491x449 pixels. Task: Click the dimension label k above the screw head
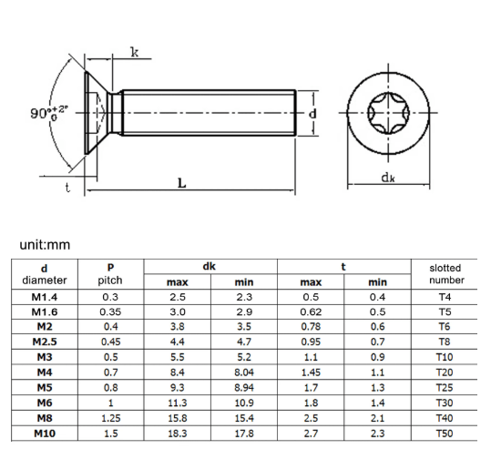[134, 52]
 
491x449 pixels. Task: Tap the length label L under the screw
[182, 183]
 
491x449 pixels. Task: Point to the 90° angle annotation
[49, 113]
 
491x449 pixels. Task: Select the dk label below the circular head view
[388, 178]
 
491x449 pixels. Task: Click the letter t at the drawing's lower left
[67, 188]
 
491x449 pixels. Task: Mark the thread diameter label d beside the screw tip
[312, 114]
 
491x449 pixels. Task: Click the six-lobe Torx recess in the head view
[388, 113]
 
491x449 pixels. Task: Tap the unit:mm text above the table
[45, 245]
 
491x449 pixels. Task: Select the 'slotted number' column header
[445, 274]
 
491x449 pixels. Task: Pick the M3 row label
[45, 357]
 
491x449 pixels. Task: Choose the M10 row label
[45, 434]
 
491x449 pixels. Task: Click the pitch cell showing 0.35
[110, 311]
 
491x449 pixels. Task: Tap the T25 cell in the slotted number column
[445, 388]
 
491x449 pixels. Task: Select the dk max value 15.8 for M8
[178, 418]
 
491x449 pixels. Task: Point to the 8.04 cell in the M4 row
[244, 372]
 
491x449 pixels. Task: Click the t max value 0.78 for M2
[311, 327]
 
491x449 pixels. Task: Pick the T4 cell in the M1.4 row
[445, 297]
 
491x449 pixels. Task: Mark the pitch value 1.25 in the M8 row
[110, 418]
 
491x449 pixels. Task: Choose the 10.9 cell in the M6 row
[244, 403]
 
